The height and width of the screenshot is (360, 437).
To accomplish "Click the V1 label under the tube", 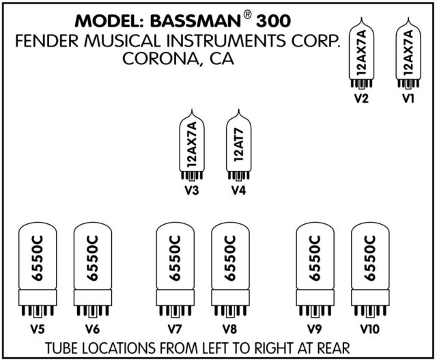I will (409, 99).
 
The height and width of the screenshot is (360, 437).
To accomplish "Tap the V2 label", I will (361, 99).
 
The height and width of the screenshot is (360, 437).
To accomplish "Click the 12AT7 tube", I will (238, 143).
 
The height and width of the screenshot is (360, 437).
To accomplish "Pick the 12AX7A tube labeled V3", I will (191, 143).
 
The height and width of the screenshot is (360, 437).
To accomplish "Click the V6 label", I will (92, 329).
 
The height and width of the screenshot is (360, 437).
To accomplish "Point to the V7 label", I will (175, 329).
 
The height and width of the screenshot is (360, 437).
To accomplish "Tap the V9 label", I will (315, 329).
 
